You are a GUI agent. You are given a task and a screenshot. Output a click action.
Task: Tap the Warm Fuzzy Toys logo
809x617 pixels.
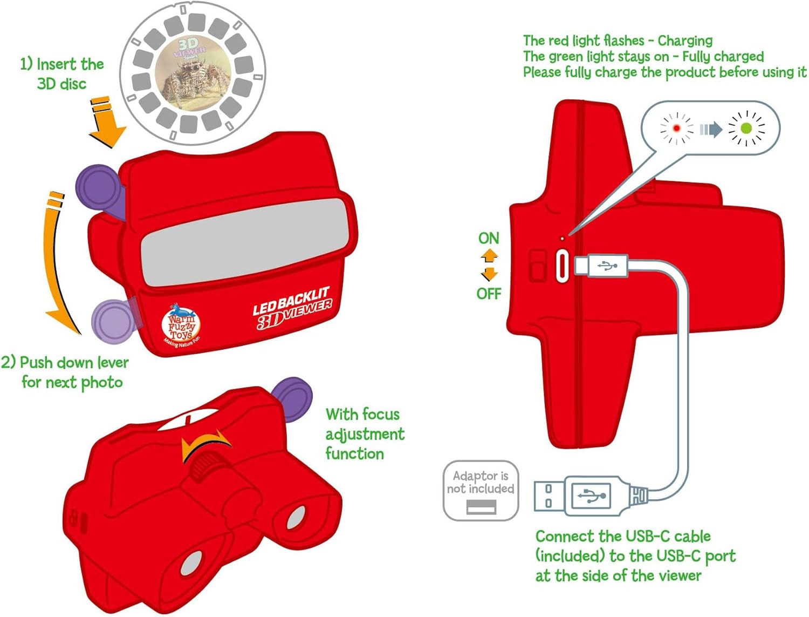click(181, 324)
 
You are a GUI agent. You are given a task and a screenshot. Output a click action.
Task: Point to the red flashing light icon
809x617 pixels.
click(676, 128)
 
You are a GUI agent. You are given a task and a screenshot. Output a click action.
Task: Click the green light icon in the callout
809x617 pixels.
click(746, 128)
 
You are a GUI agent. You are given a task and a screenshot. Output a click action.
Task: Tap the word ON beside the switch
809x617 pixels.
click(489, 238)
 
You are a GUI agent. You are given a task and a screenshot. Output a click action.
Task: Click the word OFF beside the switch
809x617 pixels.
click(489, 294)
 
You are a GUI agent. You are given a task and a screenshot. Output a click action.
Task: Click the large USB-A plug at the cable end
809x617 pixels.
click(582, 496)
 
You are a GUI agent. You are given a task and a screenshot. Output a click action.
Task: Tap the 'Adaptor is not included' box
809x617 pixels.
click(481, 490)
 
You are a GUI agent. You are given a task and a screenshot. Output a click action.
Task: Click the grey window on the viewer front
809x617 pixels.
click(245, 243)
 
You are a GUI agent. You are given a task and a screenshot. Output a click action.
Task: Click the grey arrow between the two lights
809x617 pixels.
click(711, 129)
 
